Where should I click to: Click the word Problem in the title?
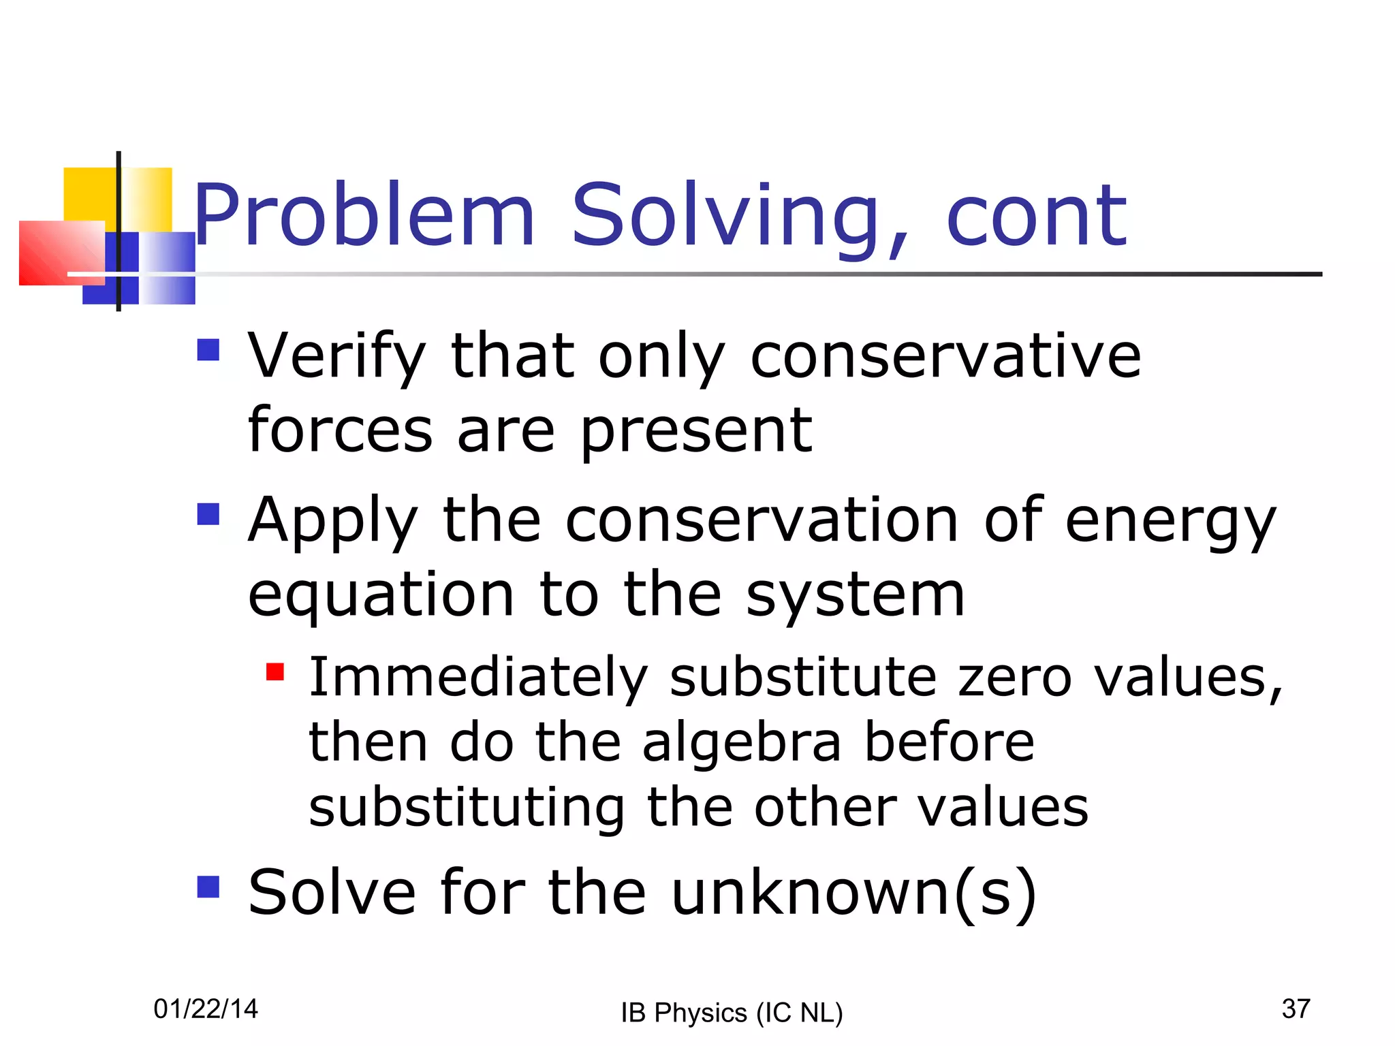click(364, 217)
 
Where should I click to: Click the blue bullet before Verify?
click(208, 350)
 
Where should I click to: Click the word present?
click(696, 432)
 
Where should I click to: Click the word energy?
click(1170, 522)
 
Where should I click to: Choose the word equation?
click(381, 596)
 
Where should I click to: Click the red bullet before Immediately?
click(275, 673)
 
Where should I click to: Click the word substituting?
click(467, 808)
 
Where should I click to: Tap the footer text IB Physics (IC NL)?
click(732, 1013)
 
